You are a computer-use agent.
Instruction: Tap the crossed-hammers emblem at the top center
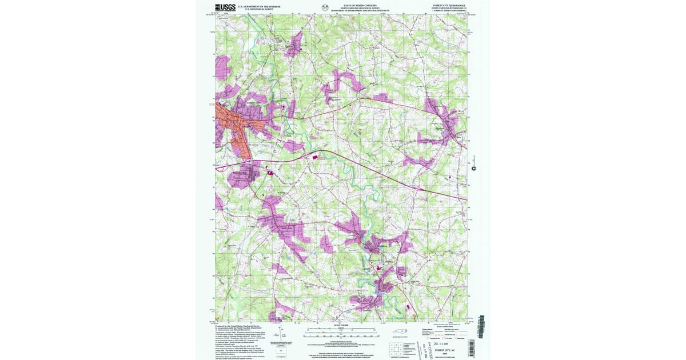(326, 8)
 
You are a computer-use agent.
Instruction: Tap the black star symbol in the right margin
(473, 168)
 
